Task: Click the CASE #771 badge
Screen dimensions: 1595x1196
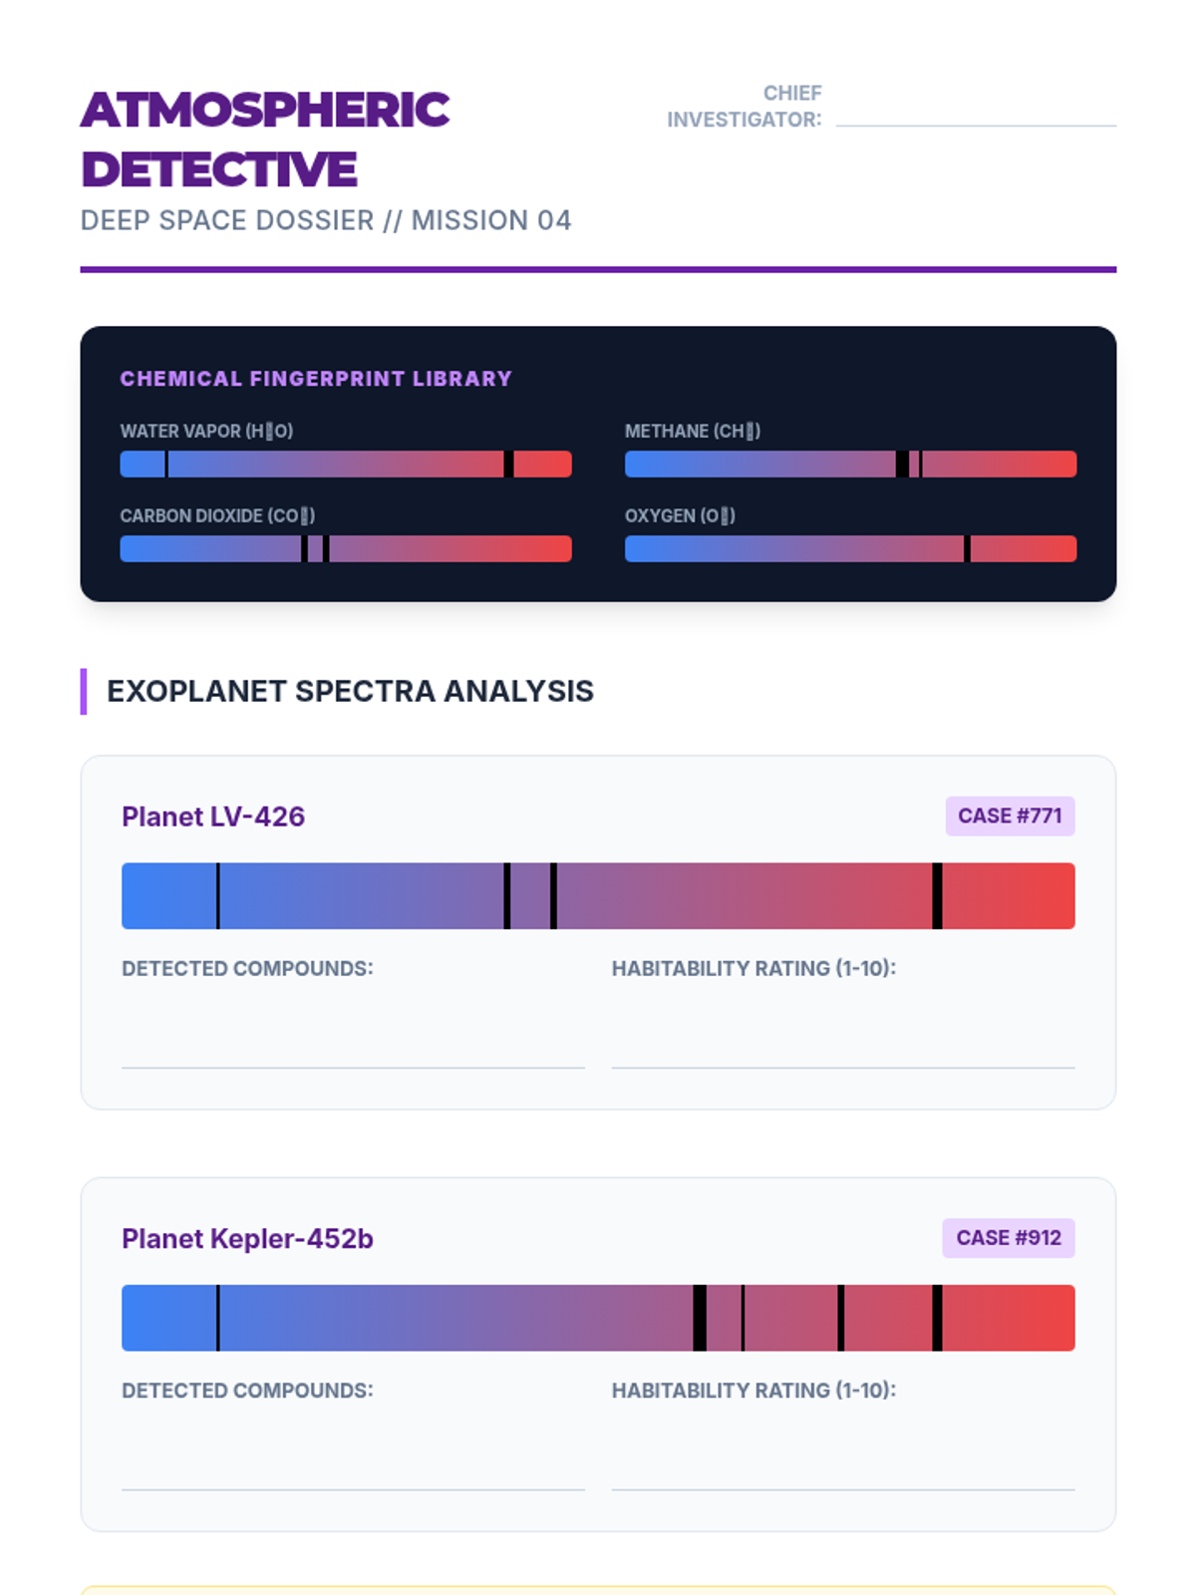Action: click(1010, 815)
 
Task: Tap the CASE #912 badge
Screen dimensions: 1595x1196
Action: click(1009, 1238)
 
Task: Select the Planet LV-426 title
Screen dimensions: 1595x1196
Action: click(213, 816)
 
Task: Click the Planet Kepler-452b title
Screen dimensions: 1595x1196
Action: click(247, 1238)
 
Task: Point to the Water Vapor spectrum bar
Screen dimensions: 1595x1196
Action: click(346, 464)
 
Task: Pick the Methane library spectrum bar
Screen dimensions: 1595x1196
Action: click(850, 464)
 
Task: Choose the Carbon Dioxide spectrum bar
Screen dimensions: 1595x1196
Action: click(346, 548)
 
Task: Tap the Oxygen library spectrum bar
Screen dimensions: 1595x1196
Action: click(850, 548)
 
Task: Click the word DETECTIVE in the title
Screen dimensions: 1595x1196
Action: click(219, 169)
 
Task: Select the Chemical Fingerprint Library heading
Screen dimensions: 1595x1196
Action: click(316, 379)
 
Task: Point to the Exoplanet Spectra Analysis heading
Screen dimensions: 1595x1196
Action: click(350, 691)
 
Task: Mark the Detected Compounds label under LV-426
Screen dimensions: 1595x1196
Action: click(247, 968)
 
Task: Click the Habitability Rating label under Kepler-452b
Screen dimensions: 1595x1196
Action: click(753, 1390)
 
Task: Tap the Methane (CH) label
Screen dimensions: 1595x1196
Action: click(693, 431)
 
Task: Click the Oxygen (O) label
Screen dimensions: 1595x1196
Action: click(680, 515)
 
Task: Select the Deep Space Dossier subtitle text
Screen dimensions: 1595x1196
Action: click(326, 220)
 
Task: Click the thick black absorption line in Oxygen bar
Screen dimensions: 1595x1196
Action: click(967, 548)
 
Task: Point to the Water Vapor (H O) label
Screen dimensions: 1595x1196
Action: click(206, 431)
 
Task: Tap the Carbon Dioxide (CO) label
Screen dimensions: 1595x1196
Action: click(217, 515)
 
